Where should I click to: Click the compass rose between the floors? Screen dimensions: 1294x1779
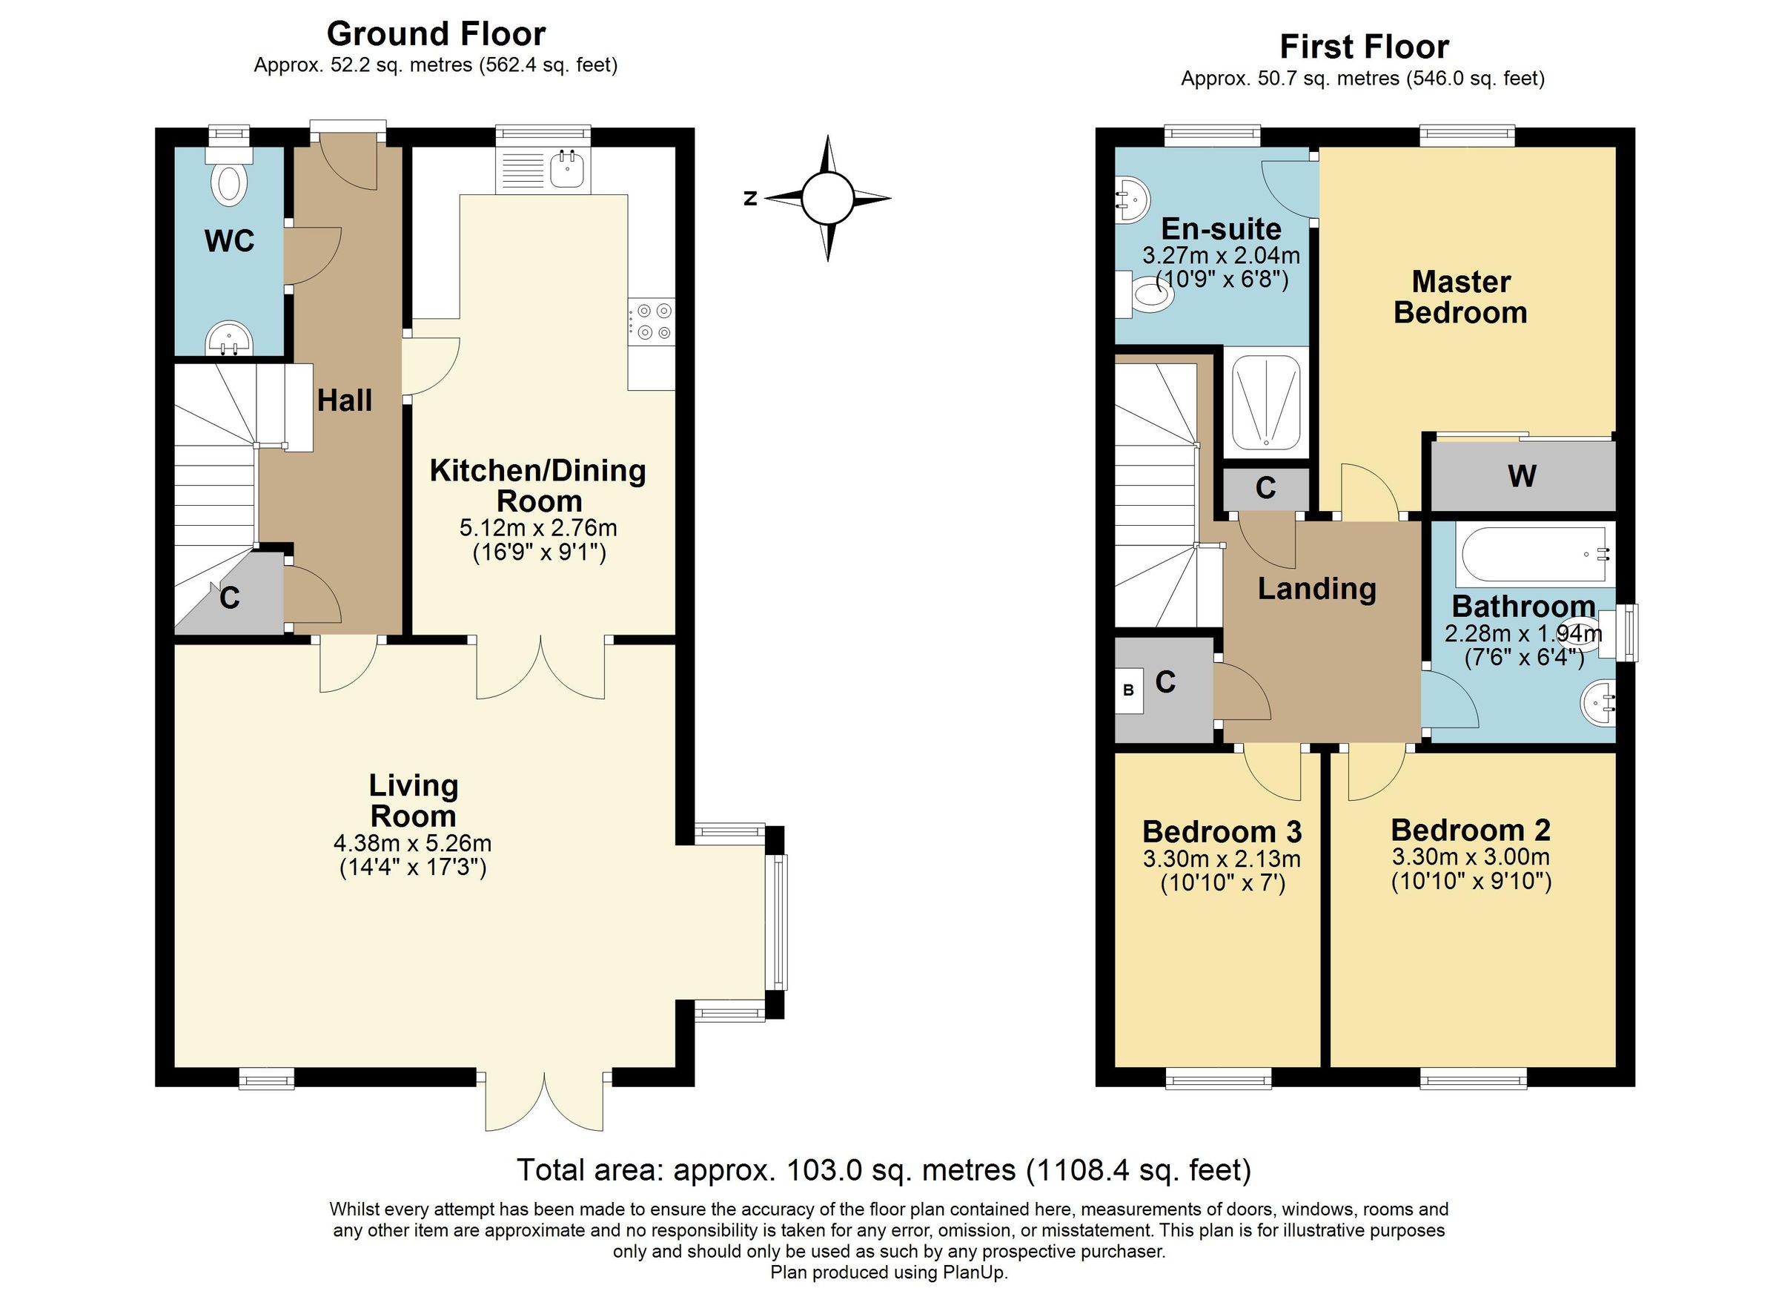(826, 198)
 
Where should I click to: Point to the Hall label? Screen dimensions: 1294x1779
(345, 401)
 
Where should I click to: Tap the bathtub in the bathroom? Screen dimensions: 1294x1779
(1534, 554)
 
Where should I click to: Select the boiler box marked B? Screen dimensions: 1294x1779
(1129, 690)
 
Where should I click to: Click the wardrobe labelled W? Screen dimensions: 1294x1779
(1522, 475)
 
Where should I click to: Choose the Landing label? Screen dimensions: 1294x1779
(1317, 589)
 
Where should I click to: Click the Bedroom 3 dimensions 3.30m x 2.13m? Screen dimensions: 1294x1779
(1222, 859)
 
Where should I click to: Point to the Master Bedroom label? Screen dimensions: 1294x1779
(1460, 297)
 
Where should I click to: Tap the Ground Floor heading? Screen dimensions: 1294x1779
(436, 34)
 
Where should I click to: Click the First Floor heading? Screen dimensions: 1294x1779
(1363, 47)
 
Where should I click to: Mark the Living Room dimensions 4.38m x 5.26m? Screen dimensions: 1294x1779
(413, 844)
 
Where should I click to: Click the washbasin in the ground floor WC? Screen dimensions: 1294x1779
(228, 340)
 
